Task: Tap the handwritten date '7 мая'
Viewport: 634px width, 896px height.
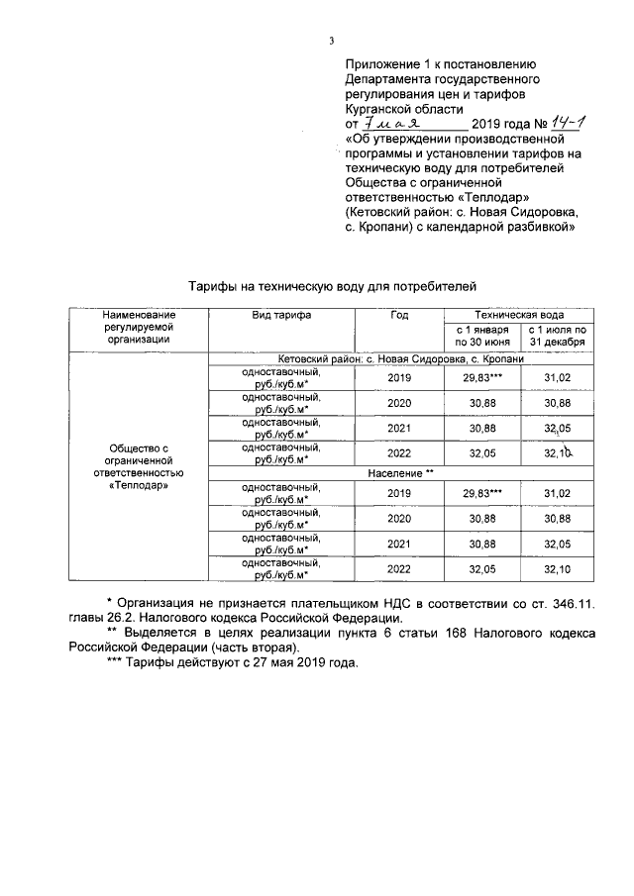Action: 394,125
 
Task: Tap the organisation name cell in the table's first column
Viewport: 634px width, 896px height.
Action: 138,467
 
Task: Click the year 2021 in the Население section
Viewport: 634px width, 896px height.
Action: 399,544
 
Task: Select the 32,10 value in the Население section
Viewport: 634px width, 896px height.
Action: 558,569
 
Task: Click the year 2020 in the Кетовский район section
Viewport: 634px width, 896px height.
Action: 399,403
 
